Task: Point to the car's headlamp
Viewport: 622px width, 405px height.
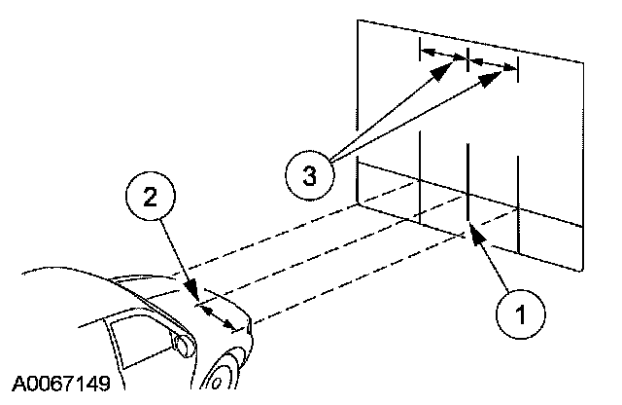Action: click(x=181, y=342)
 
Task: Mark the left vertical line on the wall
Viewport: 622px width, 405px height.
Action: click(x=419, y=175)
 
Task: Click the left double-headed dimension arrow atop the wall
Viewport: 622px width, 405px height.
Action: click(x=444, y=54)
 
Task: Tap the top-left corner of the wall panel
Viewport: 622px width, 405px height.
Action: click(x=358, y=20)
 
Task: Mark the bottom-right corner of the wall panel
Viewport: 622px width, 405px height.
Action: click(x=583, y=267)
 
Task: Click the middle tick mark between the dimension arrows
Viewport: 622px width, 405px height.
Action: click(x=468, y=58)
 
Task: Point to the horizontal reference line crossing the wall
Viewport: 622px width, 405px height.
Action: click(x=486, y=201)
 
